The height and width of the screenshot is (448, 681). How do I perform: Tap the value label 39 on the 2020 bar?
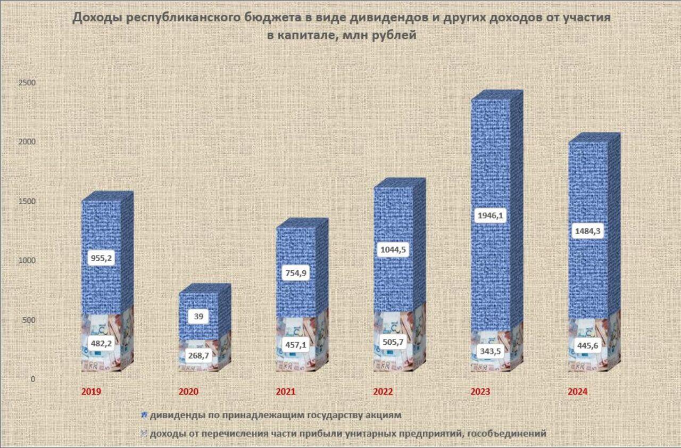coord(198,316)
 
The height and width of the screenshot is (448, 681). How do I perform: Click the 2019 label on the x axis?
coord(91,392)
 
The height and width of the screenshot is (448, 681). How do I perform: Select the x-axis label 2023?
coord(480,392)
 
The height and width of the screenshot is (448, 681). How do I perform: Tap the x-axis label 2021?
coord(286,392)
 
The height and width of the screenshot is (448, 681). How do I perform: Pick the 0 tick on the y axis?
coord(32,379)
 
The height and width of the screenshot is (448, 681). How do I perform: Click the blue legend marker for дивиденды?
coord(144,414)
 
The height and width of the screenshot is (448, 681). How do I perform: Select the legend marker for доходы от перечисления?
coord(144,434)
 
